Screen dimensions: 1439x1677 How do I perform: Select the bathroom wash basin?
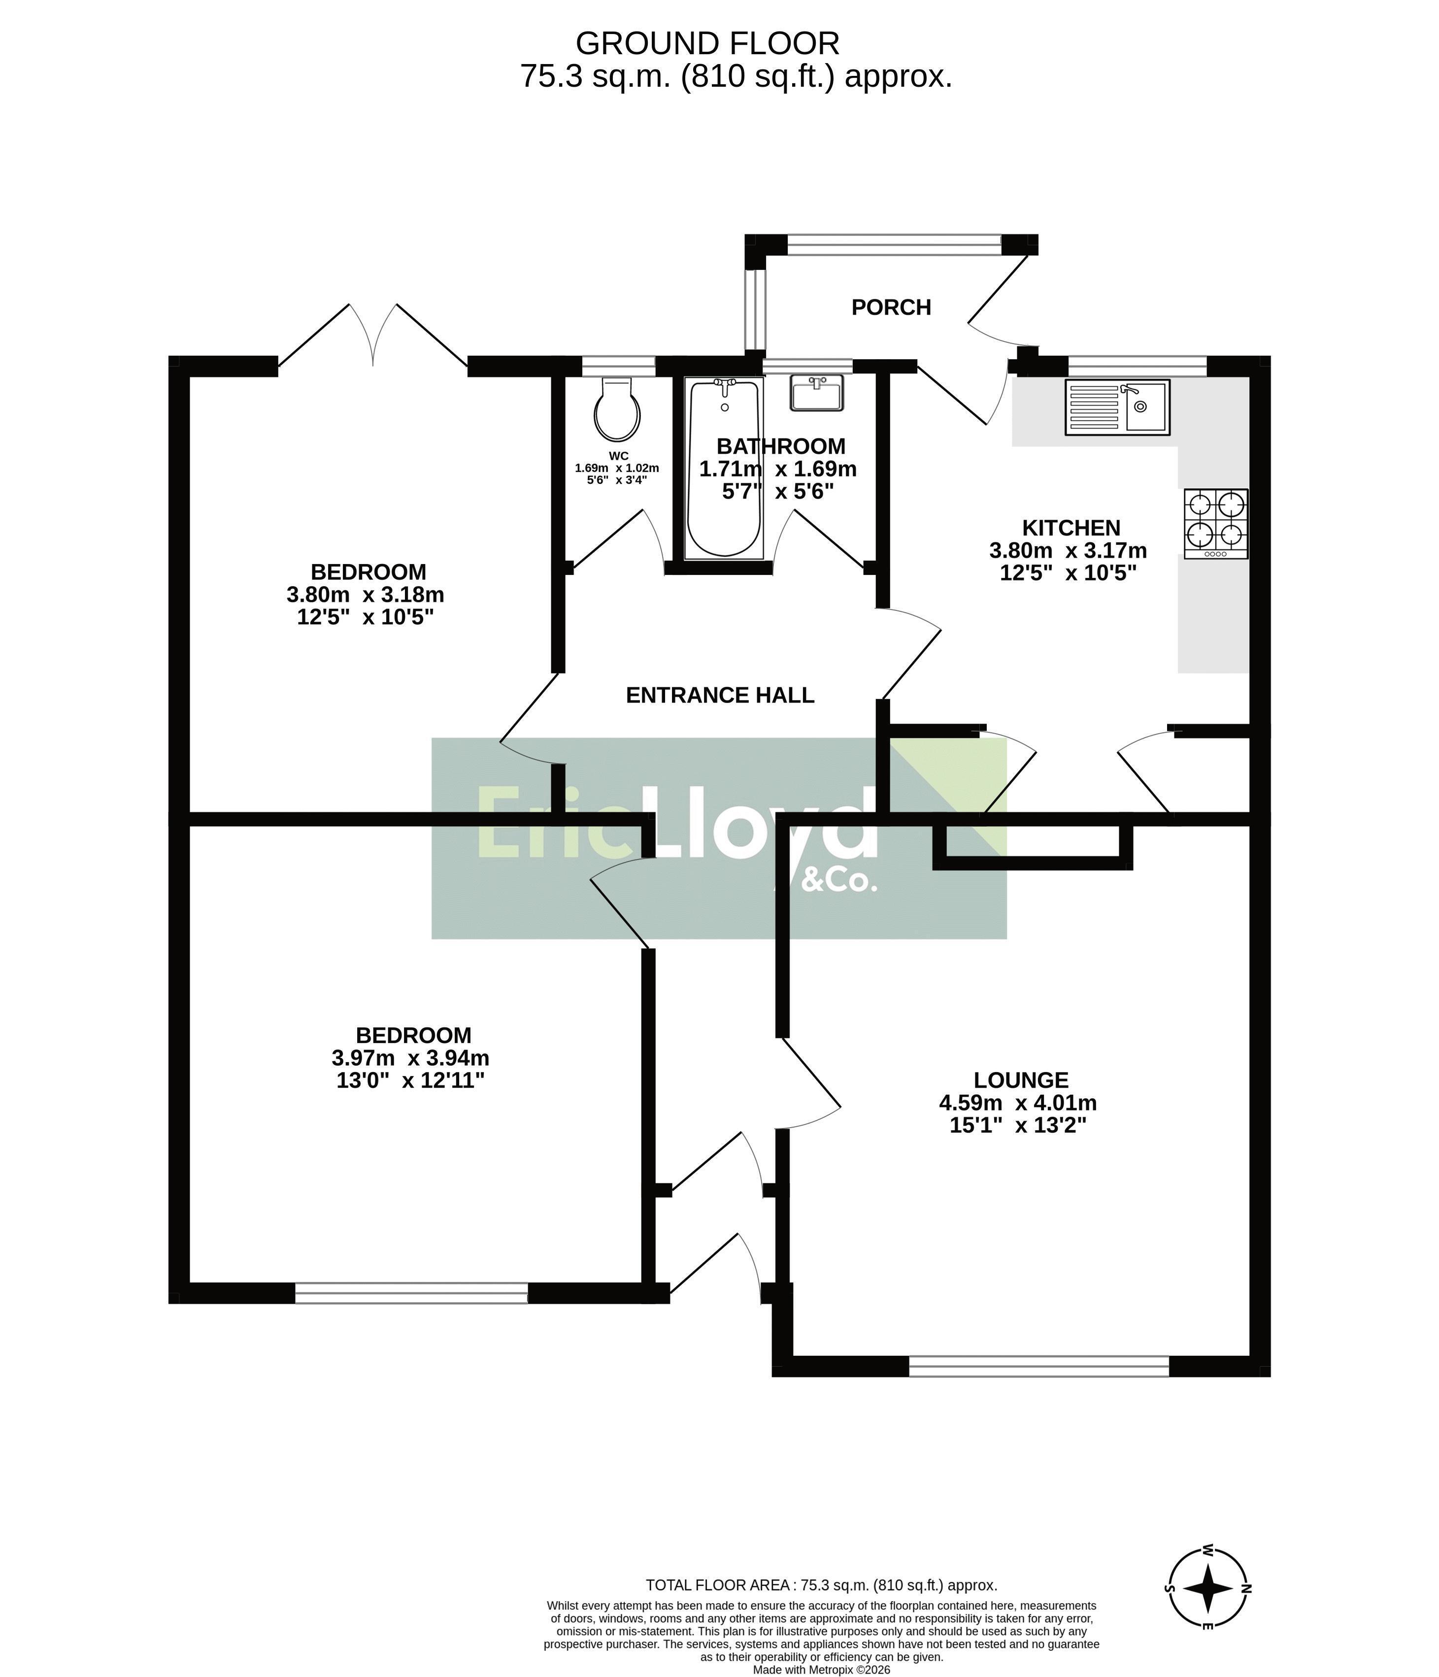click(x=817, y=393)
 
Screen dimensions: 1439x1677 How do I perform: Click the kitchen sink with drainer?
click(x=1117, y=407)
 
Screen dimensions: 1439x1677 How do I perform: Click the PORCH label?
click(x=891, y=307)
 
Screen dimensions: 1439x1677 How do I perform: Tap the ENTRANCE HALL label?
click(x=719, y=695)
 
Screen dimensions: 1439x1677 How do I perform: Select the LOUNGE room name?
click(x=1021, y=1080)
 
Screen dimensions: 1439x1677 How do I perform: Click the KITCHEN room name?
click(x=1071, y=528)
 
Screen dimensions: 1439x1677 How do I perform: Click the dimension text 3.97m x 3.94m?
click(x=410, y=1058)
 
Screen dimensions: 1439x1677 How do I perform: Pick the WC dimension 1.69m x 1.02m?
click(x=617, y=468)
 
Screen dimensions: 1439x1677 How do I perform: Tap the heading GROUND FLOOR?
click(x=707, y=43)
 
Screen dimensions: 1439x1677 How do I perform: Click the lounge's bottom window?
click(x=1038, y=1366)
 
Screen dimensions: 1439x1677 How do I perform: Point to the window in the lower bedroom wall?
click(x=411, y=1293)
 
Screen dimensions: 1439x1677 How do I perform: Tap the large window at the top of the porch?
click(x=894, y=244)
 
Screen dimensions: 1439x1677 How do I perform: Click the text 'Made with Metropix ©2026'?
click(x=822, y=1670)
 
